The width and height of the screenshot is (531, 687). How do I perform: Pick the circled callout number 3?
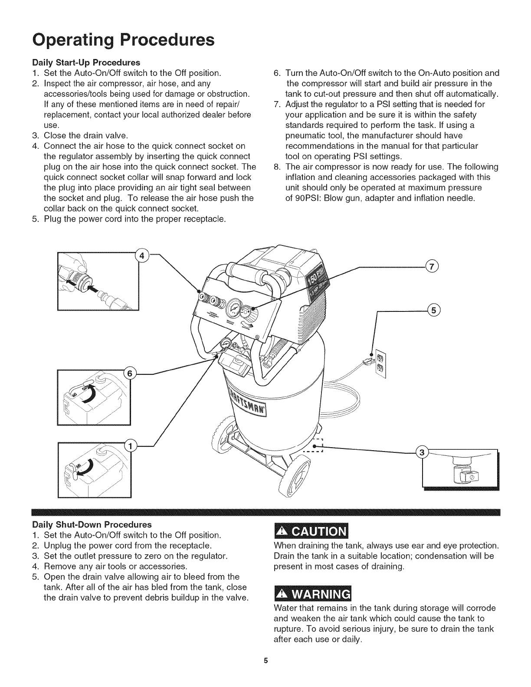(422, 453)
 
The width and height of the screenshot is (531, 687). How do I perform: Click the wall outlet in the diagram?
(380, 363)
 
